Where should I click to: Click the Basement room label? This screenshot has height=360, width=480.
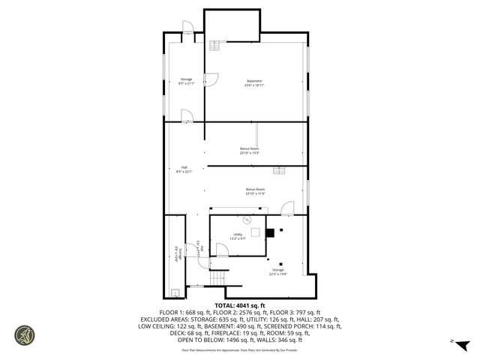pos(254,82)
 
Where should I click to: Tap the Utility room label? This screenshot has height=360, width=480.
pos(238,236)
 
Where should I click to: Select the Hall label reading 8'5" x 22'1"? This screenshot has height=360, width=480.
pos(184,169)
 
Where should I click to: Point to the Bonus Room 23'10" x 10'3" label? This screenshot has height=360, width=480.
pos(250,151)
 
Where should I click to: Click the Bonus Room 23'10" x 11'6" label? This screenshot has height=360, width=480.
pos(255,191)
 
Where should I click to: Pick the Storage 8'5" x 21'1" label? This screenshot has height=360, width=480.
pos(186,81)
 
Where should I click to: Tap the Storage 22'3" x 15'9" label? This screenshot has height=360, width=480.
pos(278,272)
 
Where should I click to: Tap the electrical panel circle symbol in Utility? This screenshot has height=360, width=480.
pos(246,220)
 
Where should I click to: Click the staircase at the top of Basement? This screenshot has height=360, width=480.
pos(216,46)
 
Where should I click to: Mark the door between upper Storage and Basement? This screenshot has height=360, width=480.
pos(212,77)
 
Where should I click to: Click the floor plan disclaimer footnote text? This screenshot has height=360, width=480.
pos(239,349)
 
